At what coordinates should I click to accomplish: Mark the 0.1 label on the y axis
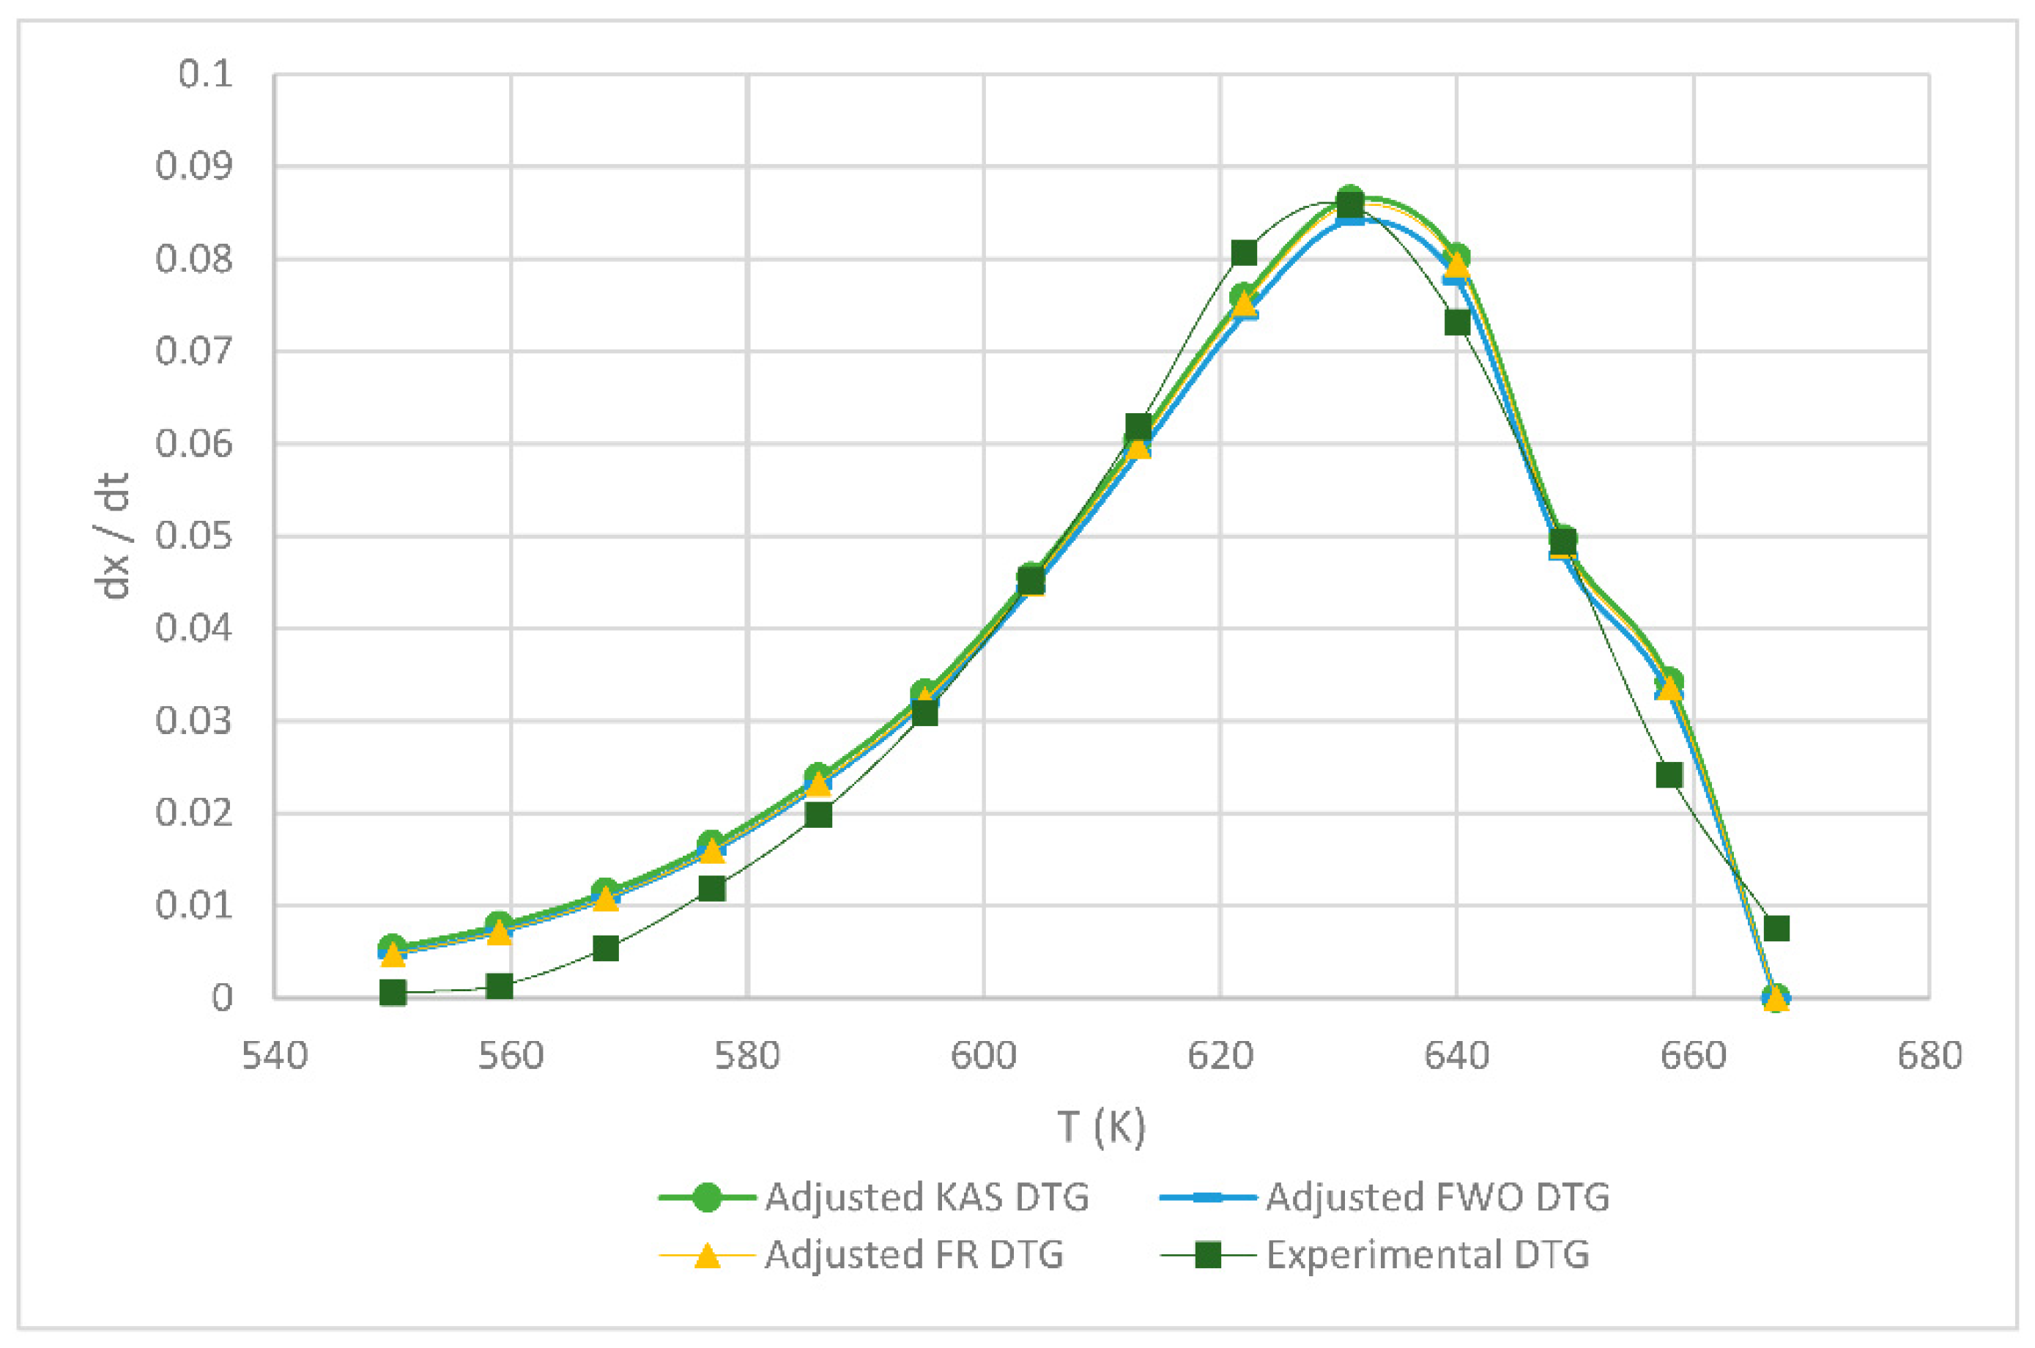point(207,74)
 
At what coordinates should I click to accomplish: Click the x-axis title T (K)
point(1102,1126)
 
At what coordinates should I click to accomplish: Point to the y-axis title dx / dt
point(114,535)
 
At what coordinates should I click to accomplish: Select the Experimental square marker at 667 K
point(1776,928)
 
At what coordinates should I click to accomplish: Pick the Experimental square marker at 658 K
point(1669,775)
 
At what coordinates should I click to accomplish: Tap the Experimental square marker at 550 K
point(393,993)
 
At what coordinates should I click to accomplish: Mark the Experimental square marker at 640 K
point(1456,322)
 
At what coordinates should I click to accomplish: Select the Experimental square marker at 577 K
point(711,888)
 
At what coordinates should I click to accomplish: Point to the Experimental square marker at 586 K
point(818,814)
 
